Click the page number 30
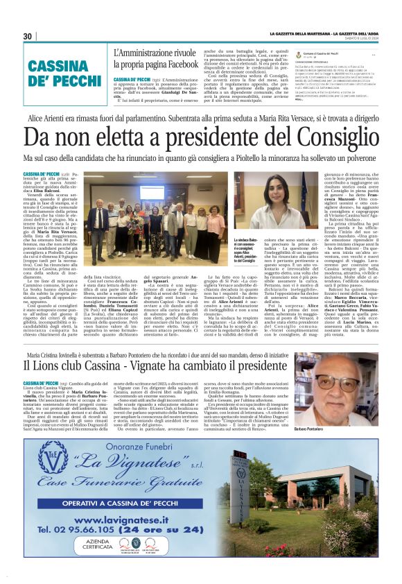[x=28, y=36]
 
